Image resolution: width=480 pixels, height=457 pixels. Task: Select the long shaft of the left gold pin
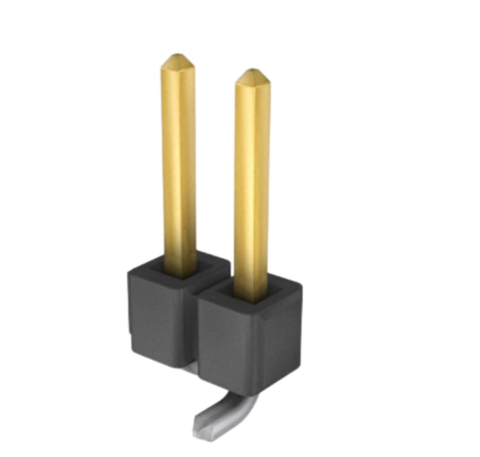pyautogui.click(x=178, y=160)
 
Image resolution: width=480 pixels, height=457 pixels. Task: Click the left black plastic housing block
pyautogui.click(x=158, y=315)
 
